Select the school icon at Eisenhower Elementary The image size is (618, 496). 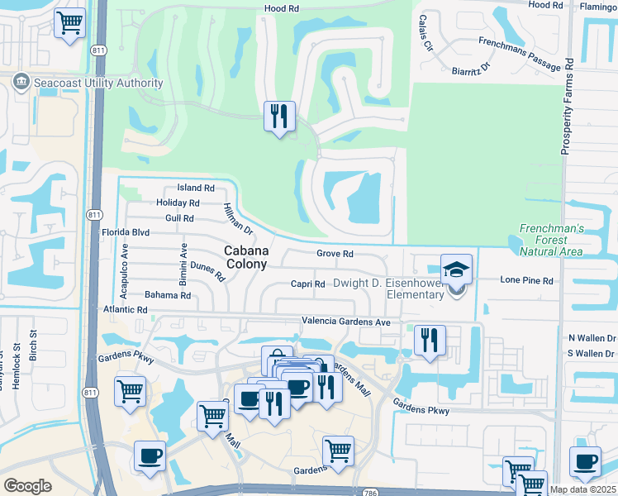pos(456,270)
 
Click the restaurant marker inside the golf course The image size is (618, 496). pos(279,116)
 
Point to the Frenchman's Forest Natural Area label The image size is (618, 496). pos(553,240)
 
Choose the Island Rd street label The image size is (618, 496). pos(196,188)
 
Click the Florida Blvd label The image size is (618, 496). pos(148,233)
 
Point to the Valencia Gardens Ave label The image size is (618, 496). pos(346,321)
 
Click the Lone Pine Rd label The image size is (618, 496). pos(526,281)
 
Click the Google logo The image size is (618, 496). pos(27,485)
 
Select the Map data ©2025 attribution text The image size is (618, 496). pos(582,489)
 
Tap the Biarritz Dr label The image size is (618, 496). pos(472,71)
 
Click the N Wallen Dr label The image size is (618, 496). pos(592,338)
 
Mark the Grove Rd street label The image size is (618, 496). pos(335,255)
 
